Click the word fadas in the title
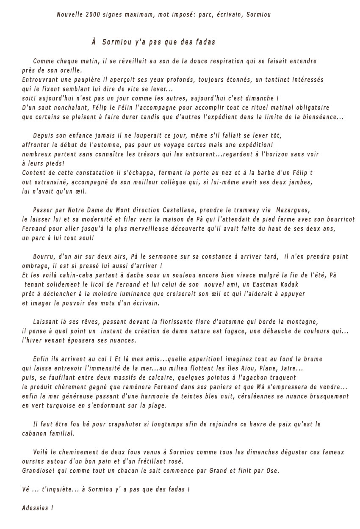tap(205, 42)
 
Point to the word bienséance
tap(322, 117)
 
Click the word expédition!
tap(253, 145)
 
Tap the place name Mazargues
tap(294, 210)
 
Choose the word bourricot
tap(339, 219)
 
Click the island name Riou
tap(251, 369)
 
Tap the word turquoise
tap(61, 406)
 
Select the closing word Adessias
tap(35, 508)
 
